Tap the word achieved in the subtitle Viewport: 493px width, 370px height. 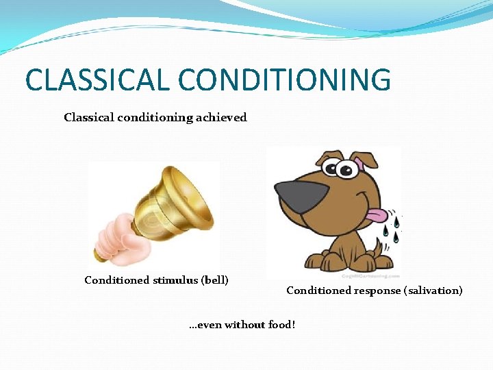[x=220, y=117]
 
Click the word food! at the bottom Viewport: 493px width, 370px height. [x=281, y=324]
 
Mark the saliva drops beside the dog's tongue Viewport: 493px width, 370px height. [x=390, y=226]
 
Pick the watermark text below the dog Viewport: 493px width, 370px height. [x=373, y=275]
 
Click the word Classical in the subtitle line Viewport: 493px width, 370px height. [x=88, y=117]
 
